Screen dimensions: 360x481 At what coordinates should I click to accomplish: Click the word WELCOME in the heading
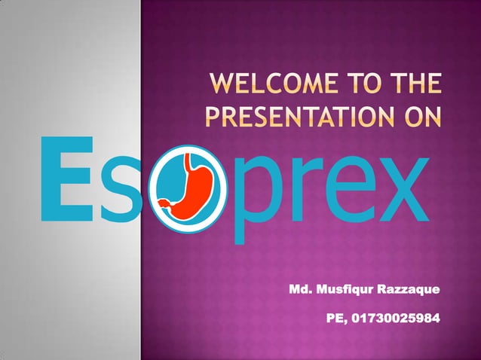click(x=264, y=87)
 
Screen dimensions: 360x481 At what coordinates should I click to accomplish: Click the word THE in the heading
click(x=414, y=87)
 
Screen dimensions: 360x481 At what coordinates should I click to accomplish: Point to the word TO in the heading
click(x=357, y=87)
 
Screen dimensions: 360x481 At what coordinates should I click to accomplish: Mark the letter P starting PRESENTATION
click(x=213, y=119)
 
